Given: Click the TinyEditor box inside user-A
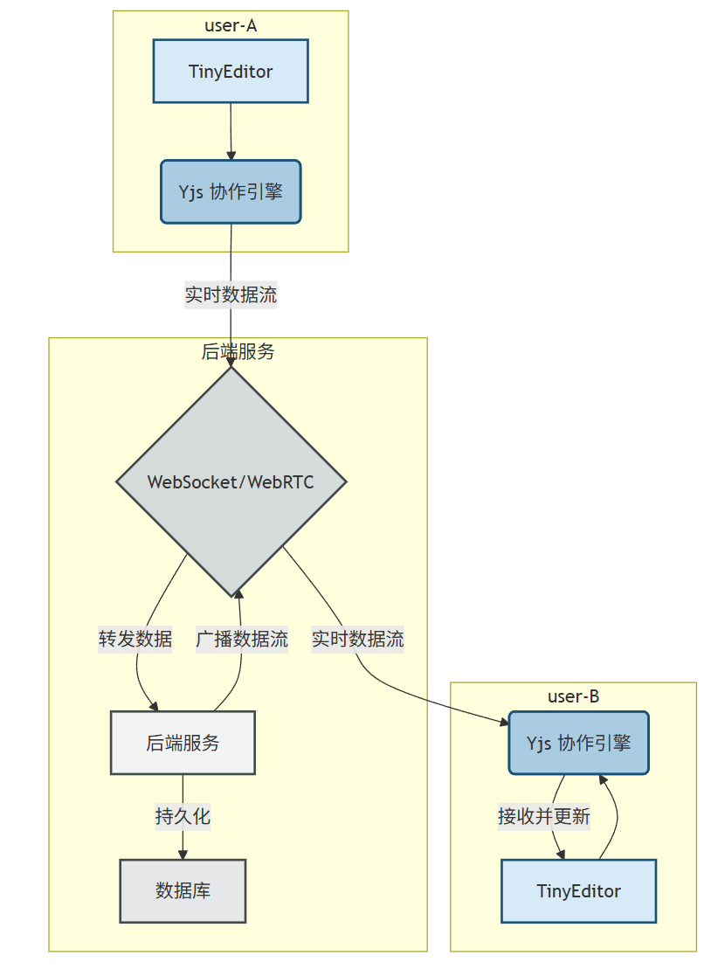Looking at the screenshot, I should tap(231, 71).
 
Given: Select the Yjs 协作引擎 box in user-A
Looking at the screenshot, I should tap(231, 191).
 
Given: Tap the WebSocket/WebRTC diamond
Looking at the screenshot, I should tap(231, 481).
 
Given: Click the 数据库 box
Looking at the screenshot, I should tap(183, 890).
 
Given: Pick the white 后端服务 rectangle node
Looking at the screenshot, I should tap(183, 743).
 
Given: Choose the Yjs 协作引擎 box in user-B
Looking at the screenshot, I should tap(578, 743).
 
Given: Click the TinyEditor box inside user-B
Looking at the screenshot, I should tap(578, 891).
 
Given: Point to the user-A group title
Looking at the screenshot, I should tap(231, 25).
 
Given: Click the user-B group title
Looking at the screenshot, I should tap(573, 696).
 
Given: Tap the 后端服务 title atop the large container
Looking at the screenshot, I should tap(238, 351).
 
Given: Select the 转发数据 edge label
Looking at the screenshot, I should tap(135, 639).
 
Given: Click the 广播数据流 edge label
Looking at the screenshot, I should tap(242, 639).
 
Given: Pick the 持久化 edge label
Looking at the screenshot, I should tap(183, 817).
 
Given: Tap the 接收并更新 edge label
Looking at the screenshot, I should tap(544, 817).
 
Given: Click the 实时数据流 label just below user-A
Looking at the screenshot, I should tap(231, 294).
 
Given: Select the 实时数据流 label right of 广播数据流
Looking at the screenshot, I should tap(358, 639).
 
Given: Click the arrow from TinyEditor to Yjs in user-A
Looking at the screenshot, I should tap(231, 131).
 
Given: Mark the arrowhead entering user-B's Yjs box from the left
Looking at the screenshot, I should tap(502, 723).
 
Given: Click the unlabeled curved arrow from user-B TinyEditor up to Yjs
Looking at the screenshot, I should tap(616, 817).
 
